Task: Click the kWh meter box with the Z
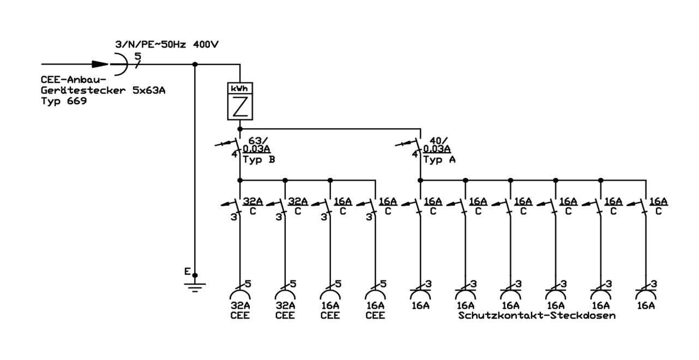tap(240, 101)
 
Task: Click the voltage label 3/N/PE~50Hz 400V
tap(167, 45)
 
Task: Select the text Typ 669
tap(64, 101)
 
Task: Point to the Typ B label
tap(259, 160)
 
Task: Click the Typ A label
tap(439, 160)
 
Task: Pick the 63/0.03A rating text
tap(256, 145)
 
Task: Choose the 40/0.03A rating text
tap(437, 145)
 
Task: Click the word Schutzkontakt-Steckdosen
tap(537, 315)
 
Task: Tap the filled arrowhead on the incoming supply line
tap(100, 64)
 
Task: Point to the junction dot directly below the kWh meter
tap(240, 129)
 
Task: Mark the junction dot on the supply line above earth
tap(195, 64)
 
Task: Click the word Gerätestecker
tap(83, 91)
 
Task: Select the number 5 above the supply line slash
tap(137, 56)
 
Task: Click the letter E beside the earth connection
tap(187, 272)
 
